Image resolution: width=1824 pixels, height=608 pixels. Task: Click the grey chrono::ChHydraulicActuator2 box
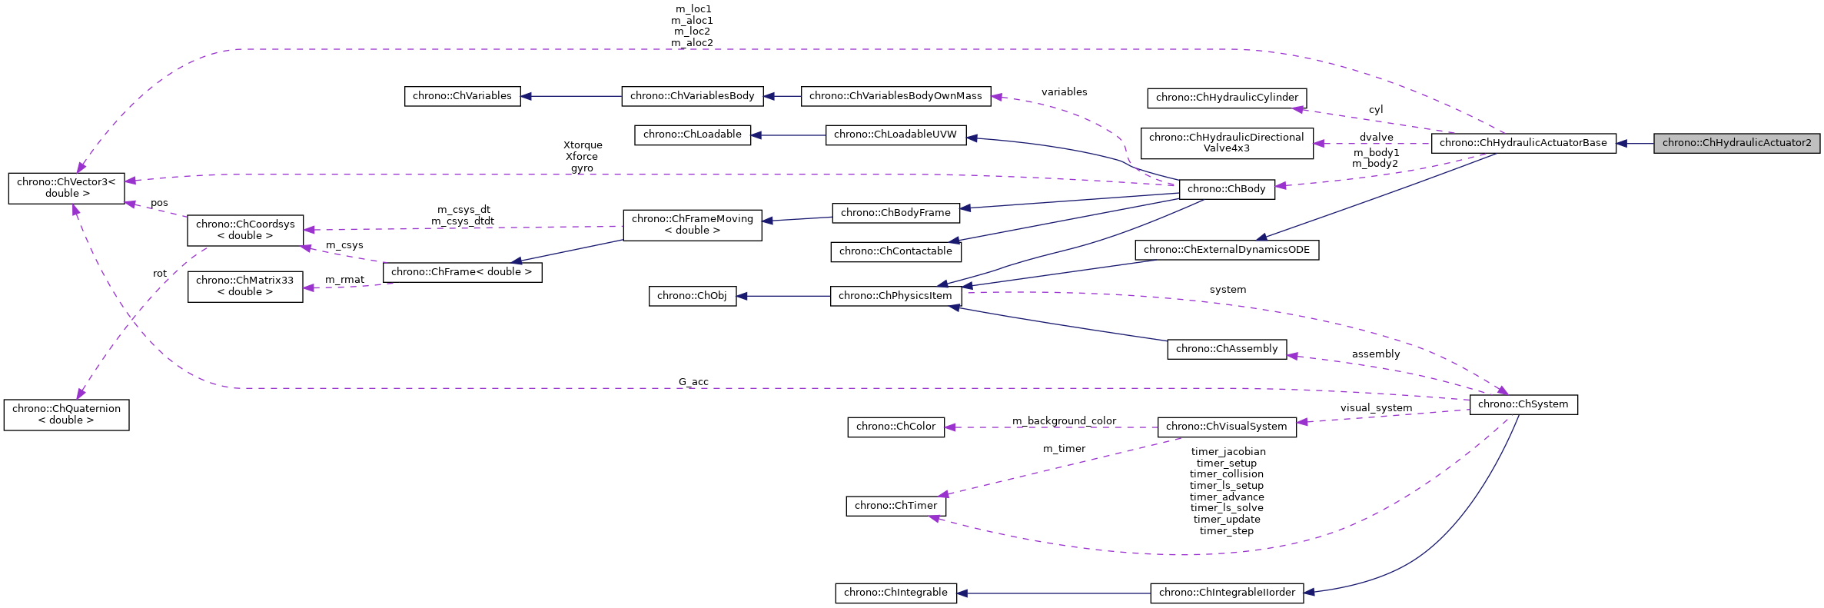tap(1736, 143)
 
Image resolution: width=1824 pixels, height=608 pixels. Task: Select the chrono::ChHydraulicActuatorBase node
tap(1523, 143)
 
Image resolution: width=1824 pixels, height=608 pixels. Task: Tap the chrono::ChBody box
tap(1226, 189)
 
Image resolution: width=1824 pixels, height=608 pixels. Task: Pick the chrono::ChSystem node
tap(1523, 404)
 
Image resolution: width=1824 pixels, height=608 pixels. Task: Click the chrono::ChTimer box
tap(895, 506)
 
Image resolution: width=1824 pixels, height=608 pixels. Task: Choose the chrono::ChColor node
tap(895, 427)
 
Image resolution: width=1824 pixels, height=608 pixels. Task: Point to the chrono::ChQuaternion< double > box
tap(66, 414)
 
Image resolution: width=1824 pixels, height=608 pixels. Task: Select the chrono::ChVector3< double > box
tap(66, 188)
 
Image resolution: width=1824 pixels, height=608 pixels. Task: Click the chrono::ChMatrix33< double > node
tap(244, 286)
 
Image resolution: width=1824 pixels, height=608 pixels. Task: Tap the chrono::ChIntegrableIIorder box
tap(1226, 593)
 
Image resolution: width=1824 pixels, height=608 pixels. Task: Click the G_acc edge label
tap(693, 382)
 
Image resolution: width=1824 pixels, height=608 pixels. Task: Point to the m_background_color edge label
tap(1064, 421)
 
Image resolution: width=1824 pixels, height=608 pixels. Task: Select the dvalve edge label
tap(1376, 138)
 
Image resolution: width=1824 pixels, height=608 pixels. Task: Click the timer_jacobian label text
tap(1228, 452)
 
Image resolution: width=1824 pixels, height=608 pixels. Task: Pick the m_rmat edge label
tap(344, 280)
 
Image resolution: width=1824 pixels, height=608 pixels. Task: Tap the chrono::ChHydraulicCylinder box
tap(1226, 98)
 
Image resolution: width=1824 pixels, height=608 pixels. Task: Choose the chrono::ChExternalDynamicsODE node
tap(1226, 250)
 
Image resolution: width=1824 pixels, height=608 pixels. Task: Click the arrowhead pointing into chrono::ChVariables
tap(527, 96)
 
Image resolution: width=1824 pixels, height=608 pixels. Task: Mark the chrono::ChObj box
tap(692, 296)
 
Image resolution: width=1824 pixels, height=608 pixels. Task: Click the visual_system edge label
tap(1376, 408)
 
